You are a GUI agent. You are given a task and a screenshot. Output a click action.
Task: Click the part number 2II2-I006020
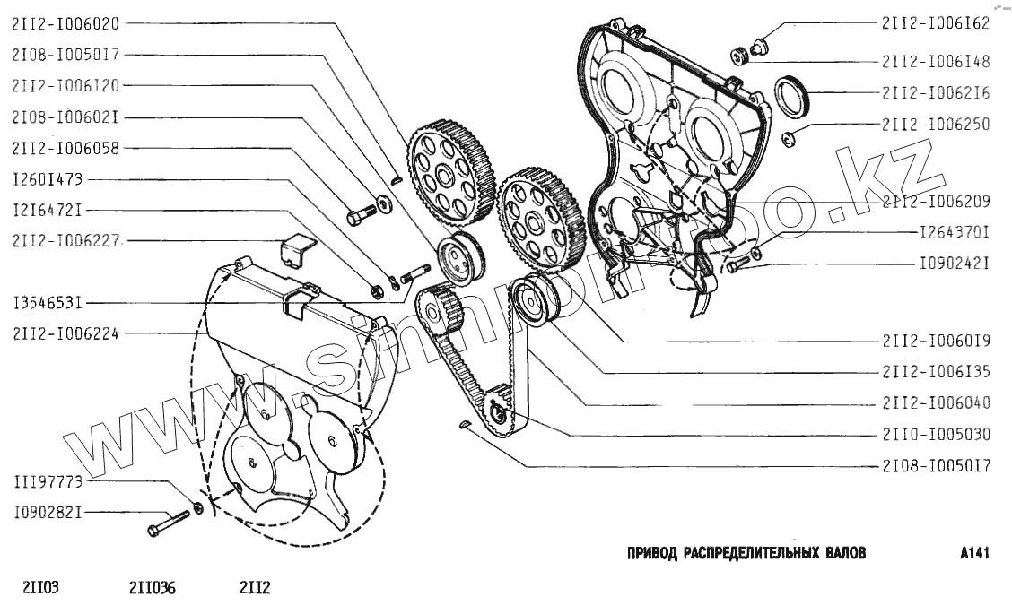point(66,24)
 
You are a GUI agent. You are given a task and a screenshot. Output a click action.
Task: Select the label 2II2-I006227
point(66,240)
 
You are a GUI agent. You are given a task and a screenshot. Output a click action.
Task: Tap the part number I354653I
point(48,304)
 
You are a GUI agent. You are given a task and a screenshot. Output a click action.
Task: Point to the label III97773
point(48,482)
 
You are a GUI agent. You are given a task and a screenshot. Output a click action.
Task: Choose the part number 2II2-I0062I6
point(936,92)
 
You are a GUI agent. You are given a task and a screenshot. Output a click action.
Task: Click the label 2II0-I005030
point(936,435)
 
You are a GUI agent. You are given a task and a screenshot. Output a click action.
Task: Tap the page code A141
point(973,553)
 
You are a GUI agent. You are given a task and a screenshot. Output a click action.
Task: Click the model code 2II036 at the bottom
point(153,589)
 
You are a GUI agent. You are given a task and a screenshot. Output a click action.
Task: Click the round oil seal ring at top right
point(790,97)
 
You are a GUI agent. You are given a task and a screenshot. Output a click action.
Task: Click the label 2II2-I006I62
point(936,24)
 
